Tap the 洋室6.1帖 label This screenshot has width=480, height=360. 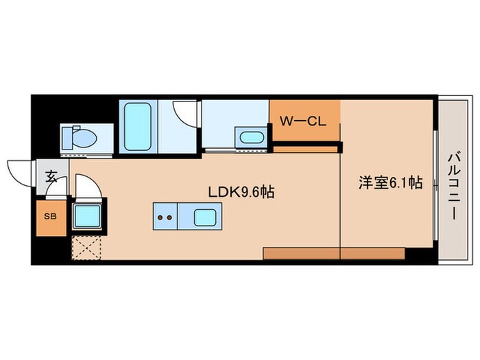(x=390, y=183)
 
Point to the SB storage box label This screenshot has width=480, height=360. (x=51, y=216)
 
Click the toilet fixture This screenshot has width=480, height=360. (x=80, y=139)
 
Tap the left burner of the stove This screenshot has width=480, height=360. (x=160, y=219)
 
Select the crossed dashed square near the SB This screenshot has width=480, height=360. (x=86, y=248)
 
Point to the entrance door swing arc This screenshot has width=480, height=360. (x=19, y=169)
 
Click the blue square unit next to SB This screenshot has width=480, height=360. (x=87, y=217)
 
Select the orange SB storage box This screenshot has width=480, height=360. (x=51, y=219)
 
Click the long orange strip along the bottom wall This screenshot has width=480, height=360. (x=333, y=254)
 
